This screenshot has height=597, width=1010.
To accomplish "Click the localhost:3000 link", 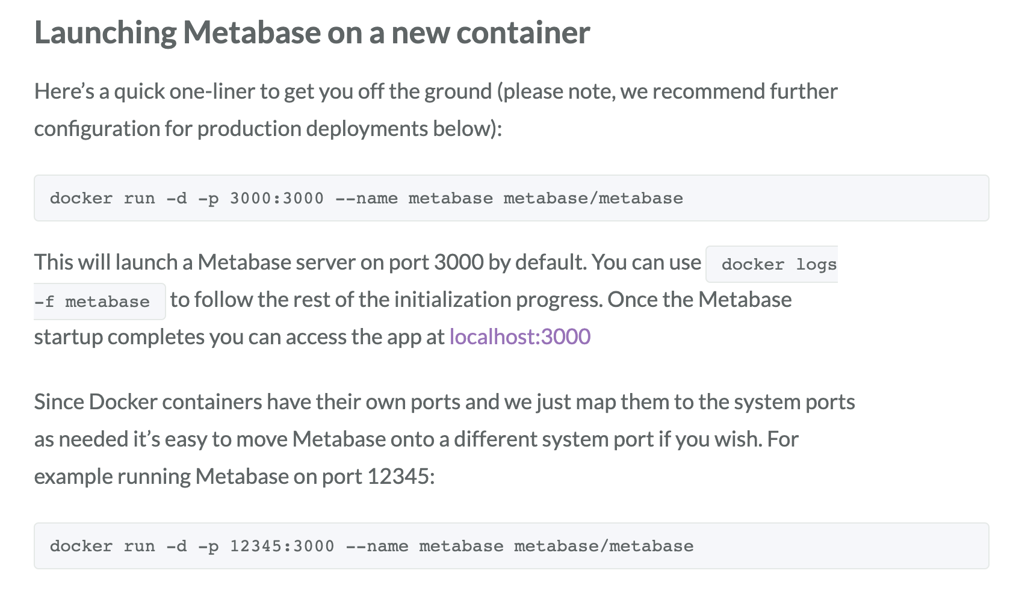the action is click(x=519, y=336).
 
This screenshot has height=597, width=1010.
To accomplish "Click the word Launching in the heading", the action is click(x=105, y=32).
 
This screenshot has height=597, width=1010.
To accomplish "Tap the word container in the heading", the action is click(x=523, y=32).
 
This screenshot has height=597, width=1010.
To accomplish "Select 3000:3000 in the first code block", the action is click(x=276, y=199).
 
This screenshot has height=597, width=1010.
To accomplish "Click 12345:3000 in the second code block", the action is click(x=282, y=546).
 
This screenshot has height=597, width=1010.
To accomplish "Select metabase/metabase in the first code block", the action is click(x=593, y=199).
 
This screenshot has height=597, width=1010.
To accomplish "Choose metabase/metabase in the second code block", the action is click(x=604, y=546).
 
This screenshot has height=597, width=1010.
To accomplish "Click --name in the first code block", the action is click(x=366, y=199).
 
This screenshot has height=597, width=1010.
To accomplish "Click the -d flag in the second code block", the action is click(x=176, y=546).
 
